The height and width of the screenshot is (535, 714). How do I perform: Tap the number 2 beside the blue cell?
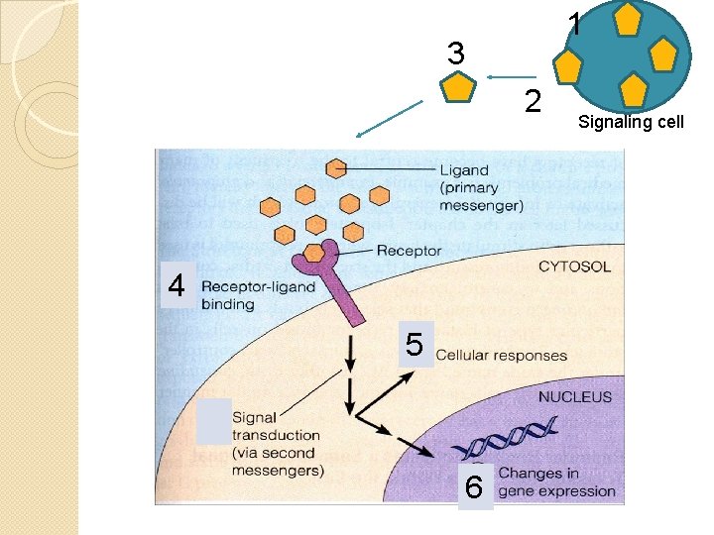click(534, 100)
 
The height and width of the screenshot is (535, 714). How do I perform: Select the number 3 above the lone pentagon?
click(455, 53)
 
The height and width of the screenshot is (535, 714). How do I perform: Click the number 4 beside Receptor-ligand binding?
click(177, 286)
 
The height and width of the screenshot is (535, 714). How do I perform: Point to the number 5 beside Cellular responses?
click(415, 345)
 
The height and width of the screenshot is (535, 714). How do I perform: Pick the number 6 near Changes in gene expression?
click(474, 487)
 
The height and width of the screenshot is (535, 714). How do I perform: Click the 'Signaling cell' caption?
click(631, 123)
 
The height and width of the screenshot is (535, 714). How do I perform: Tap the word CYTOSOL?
click(574, 267)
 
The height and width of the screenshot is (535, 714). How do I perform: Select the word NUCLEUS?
click(574, 396)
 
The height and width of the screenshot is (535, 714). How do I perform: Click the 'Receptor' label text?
click(409, 251)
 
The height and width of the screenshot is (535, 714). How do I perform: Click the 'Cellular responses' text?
click(501, 355)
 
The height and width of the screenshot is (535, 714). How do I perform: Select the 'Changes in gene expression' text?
click(555, 482)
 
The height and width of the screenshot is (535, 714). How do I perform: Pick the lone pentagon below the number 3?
click(456, 88)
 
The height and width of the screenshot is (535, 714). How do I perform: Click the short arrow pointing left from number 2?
click(511, 77)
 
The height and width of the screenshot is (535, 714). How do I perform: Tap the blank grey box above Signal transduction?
click(213, 420)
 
